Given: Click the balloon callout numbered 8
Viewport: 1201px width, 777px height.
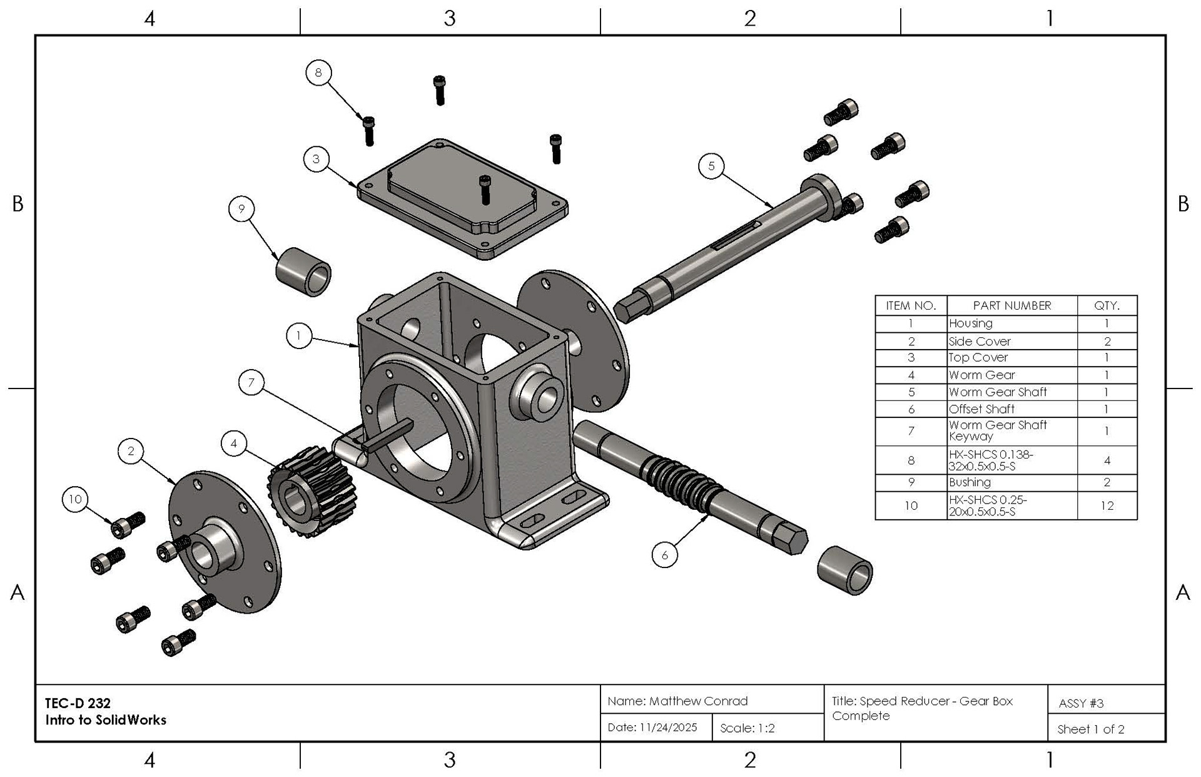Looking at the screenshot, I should point(318,73).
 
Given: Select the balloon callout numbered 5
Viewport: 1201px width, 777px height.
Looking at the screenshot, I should point(711,166).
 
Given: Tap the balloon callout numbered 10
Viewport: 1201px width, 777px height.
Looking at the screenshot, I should point(75,499).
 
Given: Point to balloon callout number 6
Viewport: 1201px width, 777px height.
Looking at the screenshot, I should point(664,555).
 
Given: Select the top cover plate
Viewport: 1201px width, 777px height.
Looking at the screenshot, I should point(463,200).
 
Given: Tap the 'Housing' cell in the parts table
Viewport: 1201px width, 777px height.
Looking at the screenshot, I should point(971,323).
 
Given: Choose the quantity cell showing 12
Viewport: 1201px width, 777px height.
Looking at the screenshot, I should point(1107,505).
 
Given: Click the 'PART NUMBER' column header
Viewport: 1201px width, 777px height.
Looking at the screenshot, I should point(1012,305).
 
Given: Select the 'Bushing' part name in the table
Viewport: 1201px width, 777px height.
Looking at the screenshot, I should point(970,482).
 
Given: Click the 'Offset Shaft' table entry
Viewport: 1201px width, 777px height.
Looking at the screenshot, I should point(981,409).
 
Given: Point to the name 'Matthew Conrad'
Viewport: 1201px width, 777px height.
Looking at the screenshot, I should point(698,701).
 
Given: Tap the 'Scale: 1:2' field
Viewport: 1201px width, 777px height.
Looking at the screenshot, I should point(747,728).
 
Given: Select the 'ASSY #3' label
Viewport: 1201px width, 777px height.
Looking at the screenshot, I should point(1082,703).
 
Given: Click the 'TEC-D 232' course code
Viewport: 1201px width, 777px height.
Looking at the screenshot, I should point(78,703).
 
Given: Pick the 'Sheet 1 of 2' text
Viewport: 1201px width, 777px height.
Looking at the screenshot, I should point(1091,729).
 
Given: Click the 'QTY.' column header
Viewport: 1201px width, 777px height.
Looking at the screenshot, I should point(1107,305).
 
